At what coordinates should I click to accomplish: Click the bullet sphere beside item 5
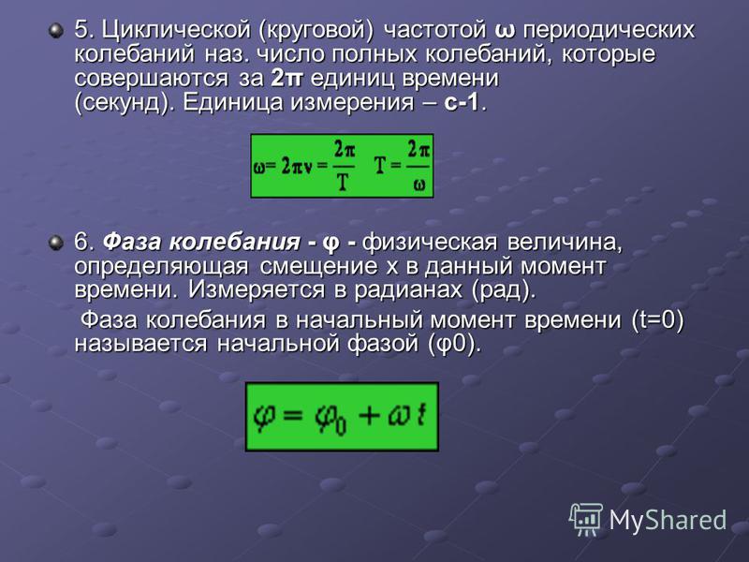click(x=56, y=32)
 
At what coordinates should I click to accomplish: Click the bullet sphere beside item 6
click(x=56, y=243)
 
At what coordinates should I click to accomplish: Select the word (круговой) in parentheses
click(x=316, y=31)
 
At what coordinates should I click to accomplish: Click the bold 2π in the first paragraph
click(x=286, y=78)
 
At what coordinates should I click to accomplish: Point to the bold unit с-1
click(x=462, y=102)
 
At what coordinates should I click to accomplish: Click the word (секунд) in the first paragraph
click(x=125, y=103)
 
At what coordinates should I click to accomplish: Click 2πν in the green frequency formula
click(x=296, y=168)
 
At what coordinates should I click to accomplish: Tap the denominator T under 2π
click(x=343, y=182)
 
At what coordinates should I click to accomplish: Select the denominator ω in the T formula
click(x=419, y=185)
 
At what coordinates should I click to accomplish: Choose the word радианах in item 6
click(x=408, y=289)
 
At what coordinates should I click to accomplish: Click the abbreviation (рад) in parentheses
click(x=502, y=289)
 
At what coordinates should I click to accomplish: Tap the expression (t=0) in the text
click(x=657, y=319)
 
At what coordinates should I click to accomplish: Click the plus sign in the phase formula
click(x=369, y=415)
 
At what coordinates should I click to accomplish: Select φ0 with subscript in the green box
click(x=330, y=419)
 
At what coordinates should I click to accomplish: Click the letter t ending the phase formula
click(x=420, y=414)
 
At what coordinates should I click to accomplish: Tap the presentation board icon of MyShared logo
click(x=586, y=519)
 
